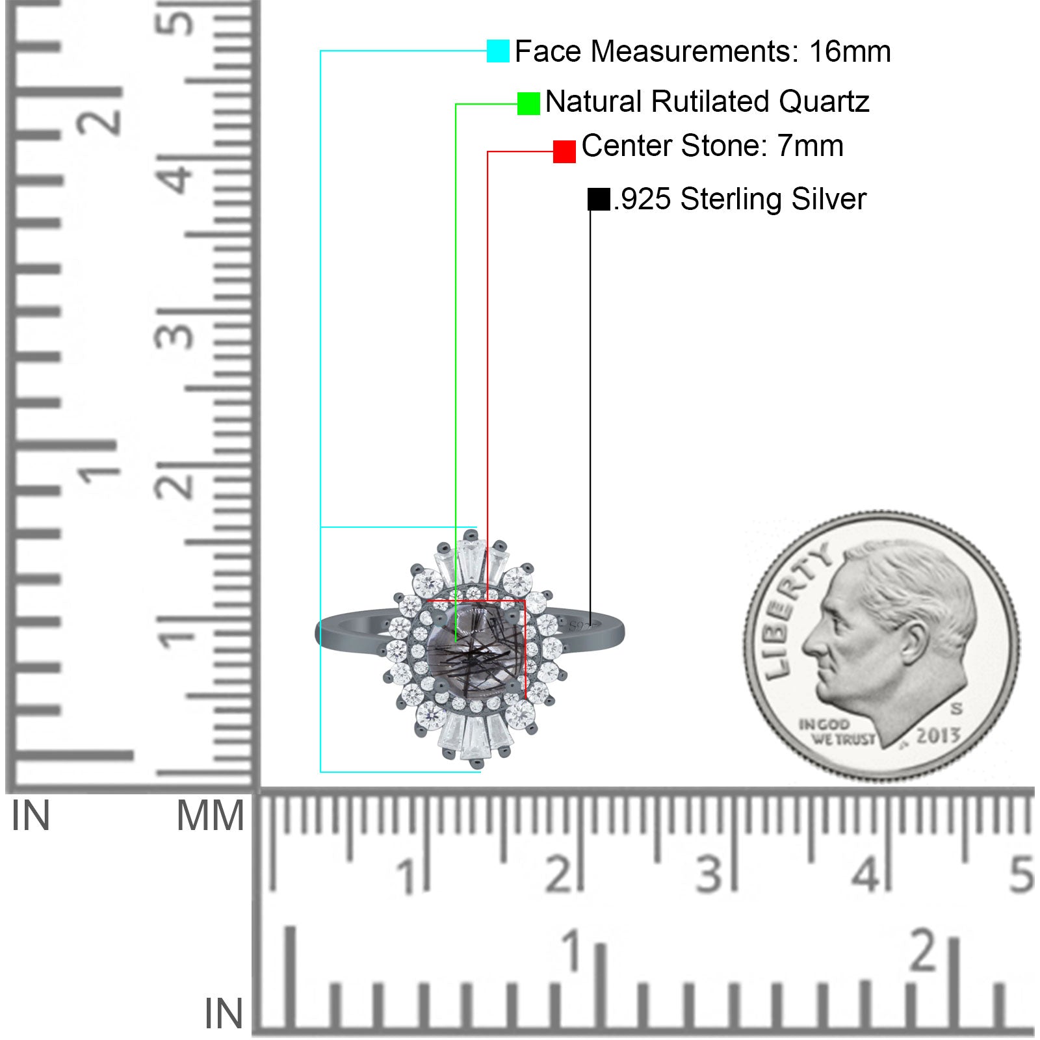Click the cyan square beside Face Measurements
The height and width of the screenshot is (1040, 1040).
[498, 51]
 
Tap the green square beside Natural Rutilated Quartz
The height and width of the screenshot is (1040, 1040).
[528, 103]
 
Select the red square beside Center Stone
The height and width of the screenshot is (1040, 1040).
[564, 151]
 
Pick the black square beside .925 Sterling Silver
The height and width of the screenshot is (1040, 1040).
[599, 199]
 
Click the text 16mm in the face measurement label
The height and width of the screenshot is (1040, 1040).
[850, 51]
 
